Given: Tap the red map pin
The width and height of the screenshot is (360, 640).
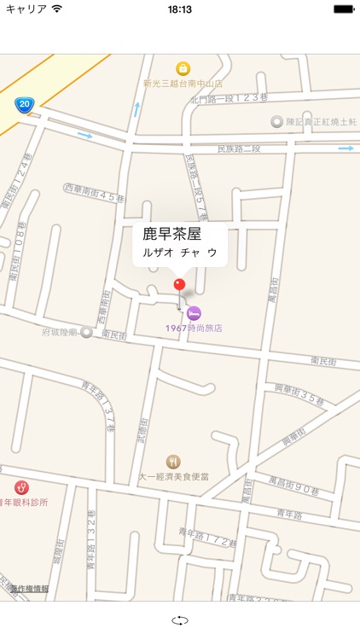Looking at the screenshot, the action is [179, 285].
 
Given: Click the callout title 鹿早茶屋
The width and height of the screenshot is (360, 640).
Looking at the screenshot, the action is [171, 234].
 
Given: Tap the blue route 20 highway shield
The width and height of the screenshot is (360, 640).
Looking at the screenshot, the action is [24, 105].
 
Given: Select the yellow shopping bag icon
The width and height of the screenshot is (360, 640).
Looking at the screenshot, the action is [183, 68].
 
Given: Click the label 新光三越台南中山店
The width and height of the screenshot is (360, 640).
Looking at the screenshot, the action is [183, 84].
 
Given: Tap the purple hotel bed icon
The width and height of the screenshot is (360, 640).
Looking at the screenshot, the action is [195, 313].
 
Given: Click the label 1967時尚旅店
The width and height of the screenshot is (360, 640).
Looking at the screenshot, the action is [195, 328].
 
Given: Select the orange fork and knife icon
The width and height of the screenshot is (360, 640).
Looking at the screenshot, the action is [173, 462].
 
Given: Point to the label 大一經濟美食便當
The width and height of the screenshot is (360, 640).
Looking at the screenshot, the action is [173, 477].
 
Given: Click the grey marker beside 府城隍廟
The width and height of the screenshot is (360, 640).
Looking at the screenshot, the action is [86, 332].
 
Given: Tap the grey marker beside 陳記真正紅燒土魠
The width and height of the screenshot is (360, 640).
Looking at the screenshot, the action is [276, 122].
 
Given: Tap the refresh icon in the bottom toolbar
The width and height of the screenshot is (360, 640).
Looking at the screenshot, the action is [180, 621].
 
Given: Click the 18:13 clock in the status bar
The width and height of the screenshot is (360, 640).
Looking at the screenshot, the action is [180, 9].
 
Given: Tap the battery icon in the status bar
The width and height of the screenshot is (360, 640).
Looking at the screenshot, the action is [343, 9].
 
